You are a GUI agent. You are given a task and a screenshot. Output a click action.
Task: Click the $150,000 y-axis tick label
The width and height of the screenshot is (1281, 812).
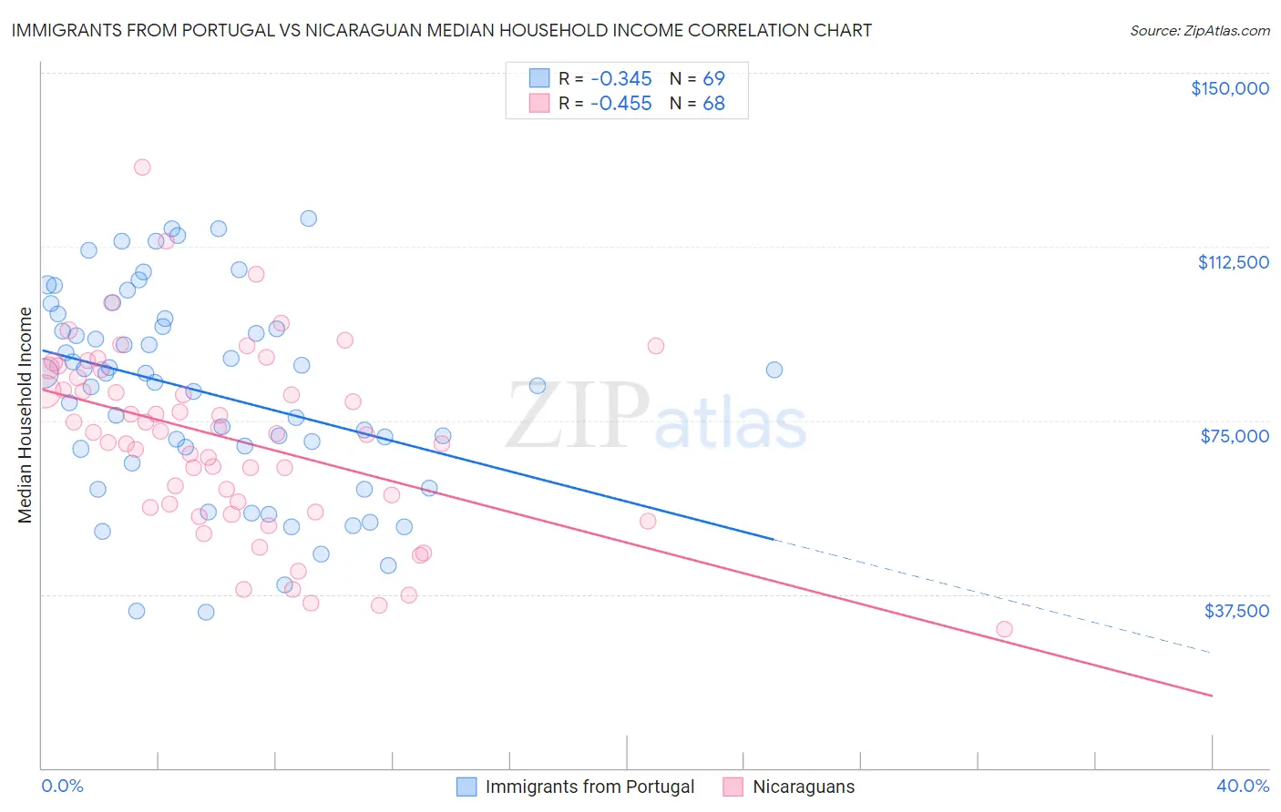[x=1229, y=88]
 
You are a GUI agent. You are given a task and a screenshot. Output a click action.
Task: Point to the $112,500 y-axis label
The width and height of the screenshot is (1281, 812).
[x=1233, y=262]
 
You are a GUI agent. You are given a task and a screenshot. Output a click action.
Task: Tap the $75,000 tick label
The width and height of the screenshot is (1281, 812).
[x=1235, y=436]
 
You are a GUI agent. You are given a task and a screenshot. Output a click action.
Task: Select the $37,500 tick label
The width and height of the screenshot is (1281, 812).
[x=1236, y=611]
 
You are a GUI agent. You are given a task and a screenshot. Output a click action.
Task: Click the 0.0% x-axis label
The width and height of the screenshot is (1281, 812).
[x=62, y=786]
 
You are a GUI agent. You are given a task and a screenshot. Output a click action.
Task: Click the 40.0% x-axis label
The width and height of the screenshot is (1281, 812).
[x=1242, y=786]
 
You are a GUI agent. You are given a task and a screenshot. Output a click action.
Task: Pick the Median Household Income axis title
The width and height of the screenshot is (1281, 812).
[x=25, y=415]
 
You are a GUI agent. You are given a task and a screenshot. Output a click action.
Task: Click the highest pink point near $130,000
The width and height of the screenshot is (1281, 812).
[x=142, y=167]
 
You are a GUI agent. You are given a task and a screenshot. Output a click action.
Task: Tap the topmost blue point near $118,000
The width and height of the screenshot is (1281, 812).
[x=309, y=218]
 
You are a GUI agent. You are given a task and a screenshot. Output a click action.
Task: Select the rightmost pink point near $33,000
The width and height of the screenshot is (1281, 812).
[x=1004, y=629]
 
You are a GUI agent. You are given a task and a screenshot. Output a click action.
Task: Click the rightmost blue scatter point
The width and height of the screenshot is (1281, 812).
[x=774, y=370]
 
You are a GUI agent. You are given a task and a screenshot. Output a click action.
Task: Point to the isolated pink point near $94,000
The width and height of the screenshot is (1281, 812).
[x=656, y=346]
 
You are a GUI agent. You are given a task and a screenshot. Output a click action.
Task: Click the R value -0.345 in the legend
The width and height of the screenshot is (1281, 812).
[x=621, y=79]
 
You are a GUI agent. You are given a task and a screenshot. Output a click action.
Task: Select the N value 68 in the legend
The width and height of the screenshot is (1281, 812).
[x=713, y=104]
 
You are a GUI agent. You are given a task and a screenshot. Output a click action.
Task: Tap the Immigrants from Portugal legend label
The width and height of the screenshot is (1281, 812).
[x=589, y=787]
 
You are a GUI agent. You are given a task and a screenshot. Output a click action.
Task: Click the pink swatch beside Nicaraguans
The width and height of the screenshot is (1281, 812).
[x=733, y=787]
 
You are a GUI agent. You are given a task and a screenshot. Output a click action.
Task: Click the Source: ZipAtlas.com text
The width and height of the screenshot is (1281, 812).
[x=1199, y=31]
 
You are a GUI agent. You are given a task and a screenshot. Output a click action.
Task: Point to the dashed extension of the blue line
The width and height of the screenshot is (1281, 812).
[x=993, y=597]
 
